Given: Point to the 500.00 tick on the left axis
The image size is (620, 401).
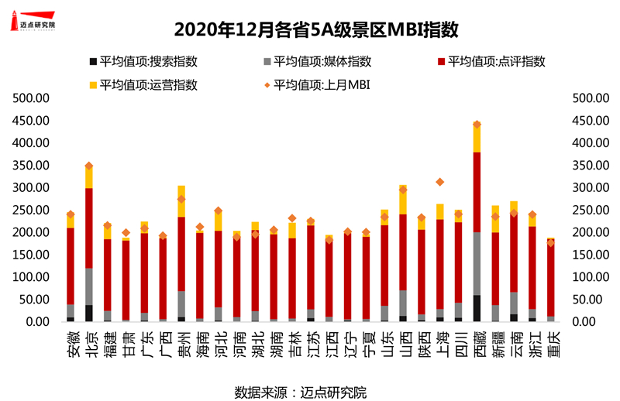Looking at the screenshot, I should pos(34,98).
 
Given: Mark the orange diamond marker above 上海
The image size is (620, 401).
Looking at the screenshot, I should pos(440,182).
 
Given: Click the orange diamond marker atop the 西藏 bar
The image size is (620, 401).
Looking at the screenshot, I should pos(477,124).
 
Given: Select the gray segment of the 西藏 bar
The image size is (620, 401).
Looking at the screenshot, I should pos(477,263).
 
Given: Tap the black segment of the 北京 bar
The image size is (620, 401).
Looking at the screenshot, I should pos(89,313).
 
